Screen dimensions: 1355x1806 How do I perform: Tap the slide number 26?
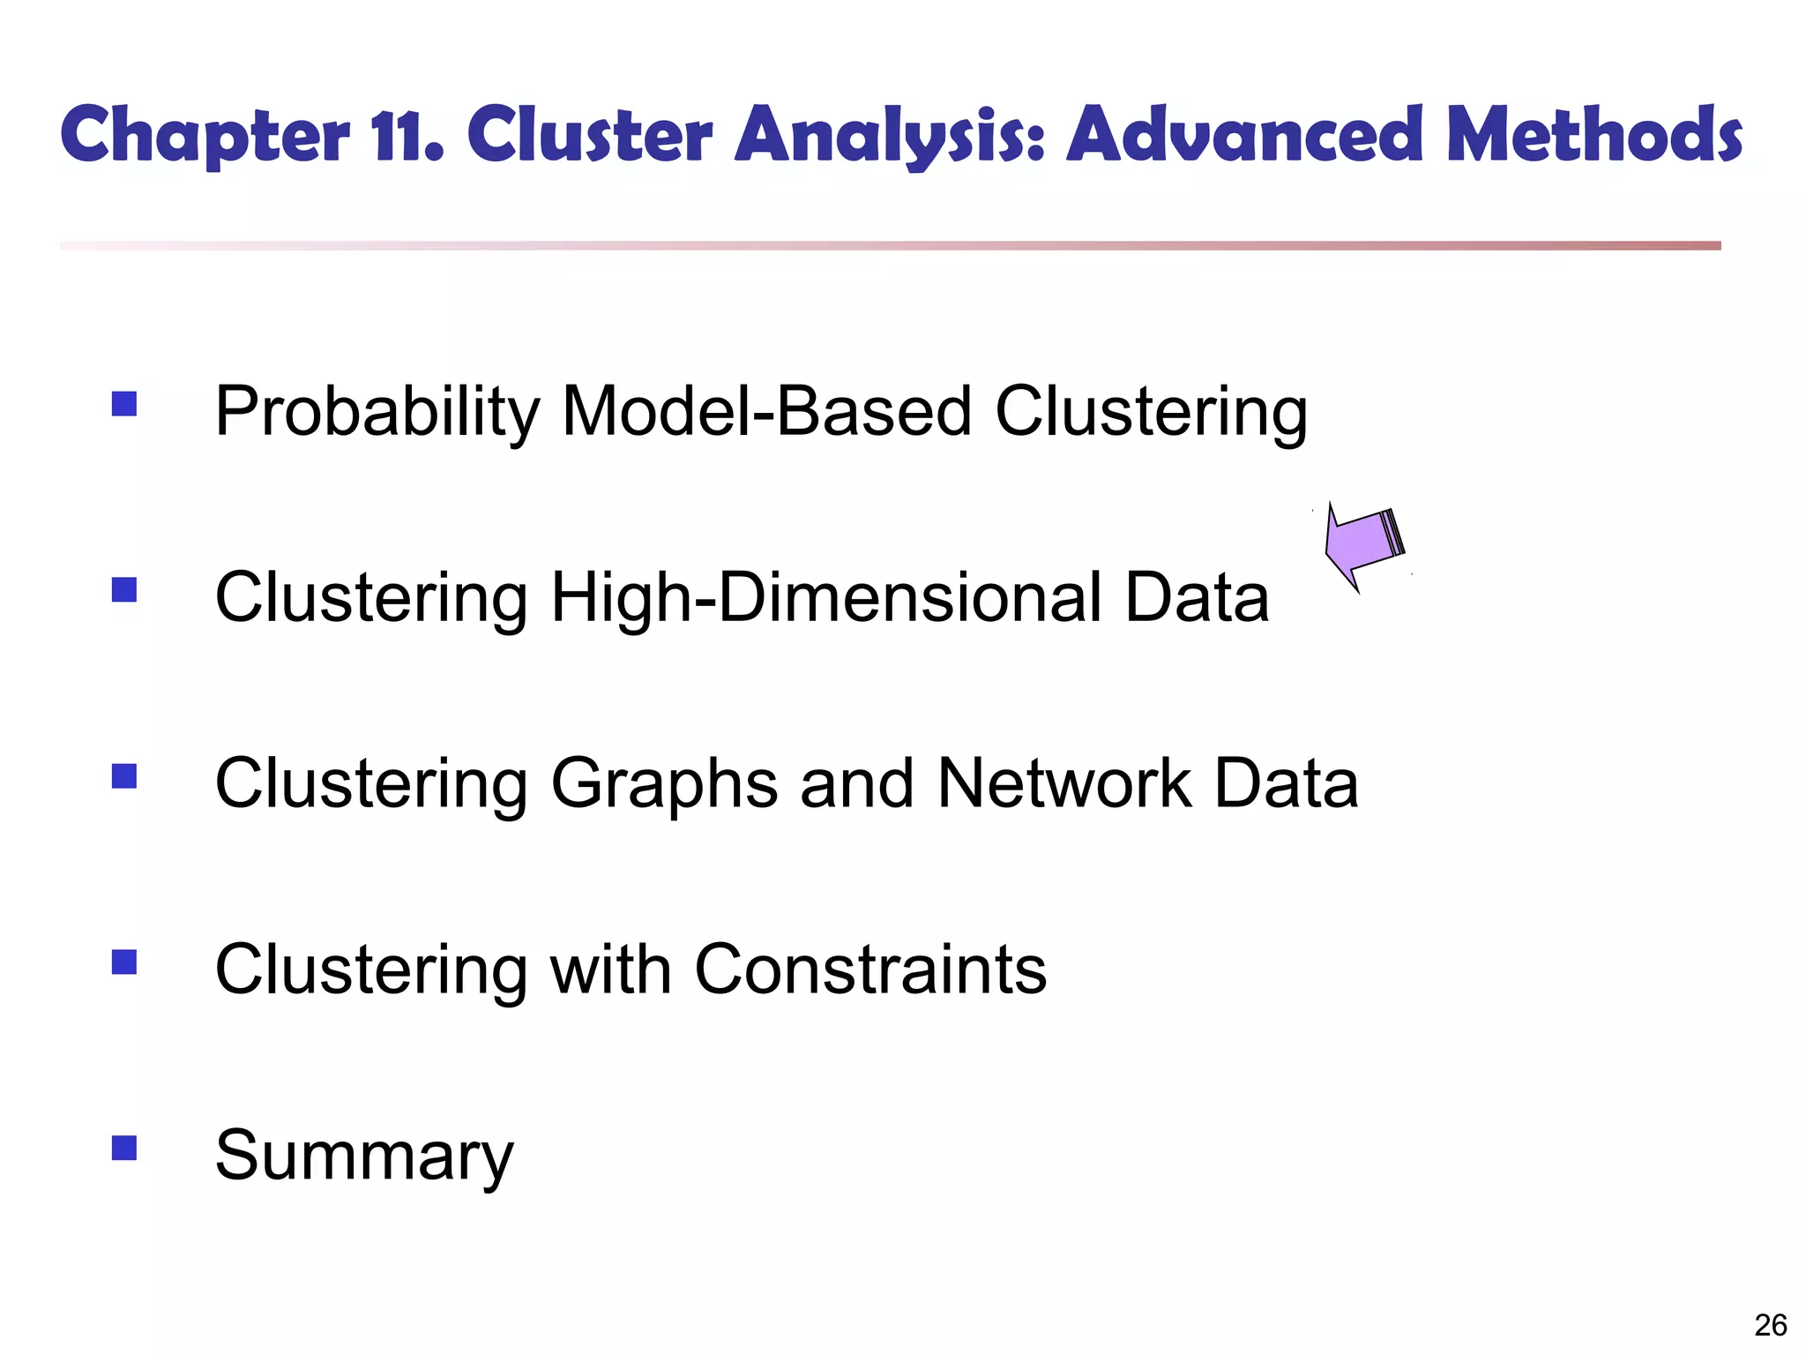1771,1325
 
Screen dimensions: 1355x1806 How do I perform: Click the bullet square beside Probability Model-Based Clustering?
124,404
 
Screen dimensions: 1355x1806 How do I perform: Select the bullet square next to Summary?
124,1148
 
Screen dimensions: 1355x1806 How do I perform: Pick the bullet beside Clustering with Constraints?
124,962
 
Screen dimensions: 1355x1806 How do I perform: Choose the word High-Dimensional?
825,598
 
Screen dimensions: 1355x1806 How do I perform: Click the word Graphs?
664,785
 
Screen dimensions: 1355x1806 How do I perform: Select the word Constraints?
870,969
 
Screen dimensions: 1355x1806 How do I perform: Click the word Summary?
364,1157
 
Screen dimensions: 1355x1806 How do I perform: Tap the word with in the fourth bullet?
611,969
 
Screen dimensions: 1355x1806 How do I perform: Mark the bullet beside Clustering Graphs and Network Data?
124,776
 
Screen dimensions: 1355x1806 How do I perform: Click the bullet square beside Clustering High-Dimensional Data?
124,589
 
